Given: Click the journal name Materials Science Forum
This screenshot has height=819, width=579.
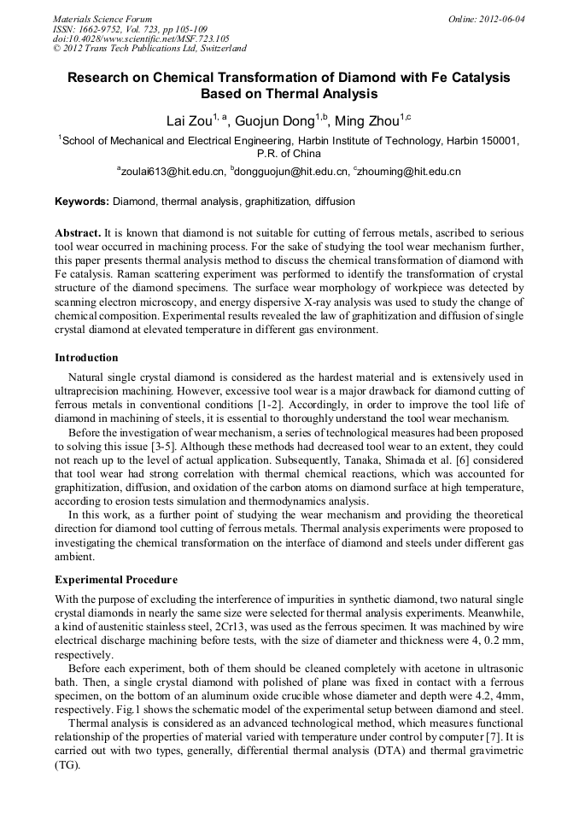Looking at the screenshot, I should pyautogui.click(x=102, y=18).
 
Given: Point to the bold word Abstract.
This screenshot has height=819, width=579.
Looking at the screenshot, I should pyautogui.click(x=77, y=232).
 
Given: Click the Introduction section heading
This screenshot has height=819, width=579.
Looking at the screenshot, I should pyautogui.click(x=86, y=357).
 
